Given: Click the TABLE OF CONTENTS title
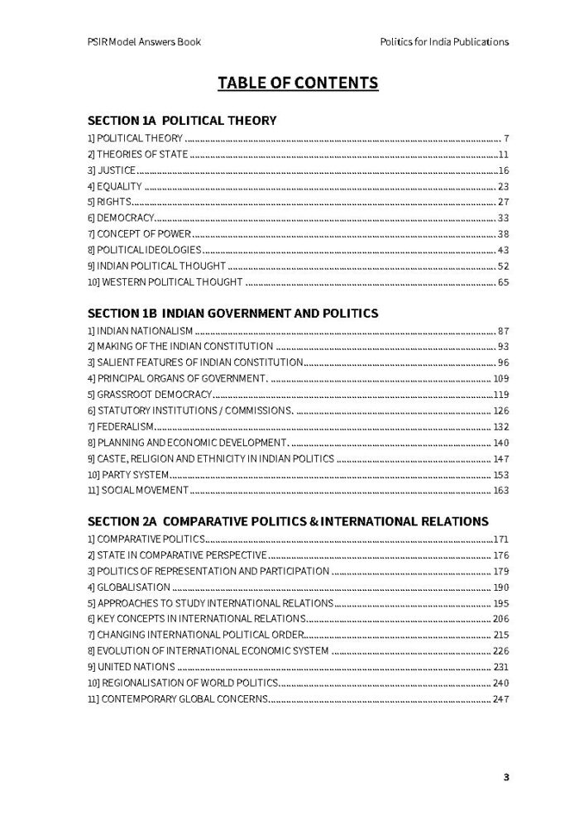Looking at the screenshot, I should point(298,83).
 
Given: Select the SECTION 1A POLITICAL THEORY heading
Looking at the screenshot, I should point(182,121).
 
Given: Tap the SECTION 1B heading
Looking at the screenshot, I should point(232,314).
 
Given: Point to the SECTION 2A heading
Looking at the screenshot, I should point(288,521).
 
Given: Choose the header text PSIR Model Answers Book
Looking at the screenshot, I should point(144,41).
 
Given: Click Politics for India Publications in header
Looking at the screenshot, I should point(443,41).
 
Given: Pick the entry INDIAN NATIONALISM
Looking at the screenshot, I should point(140,331).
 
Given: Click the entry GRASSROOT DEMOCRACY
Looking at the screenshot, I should point(150,395).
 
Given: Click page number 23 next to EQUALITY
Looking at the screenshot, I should point(503,186).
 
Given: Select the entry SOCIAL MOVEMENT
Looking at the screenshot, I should point(137,491).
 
